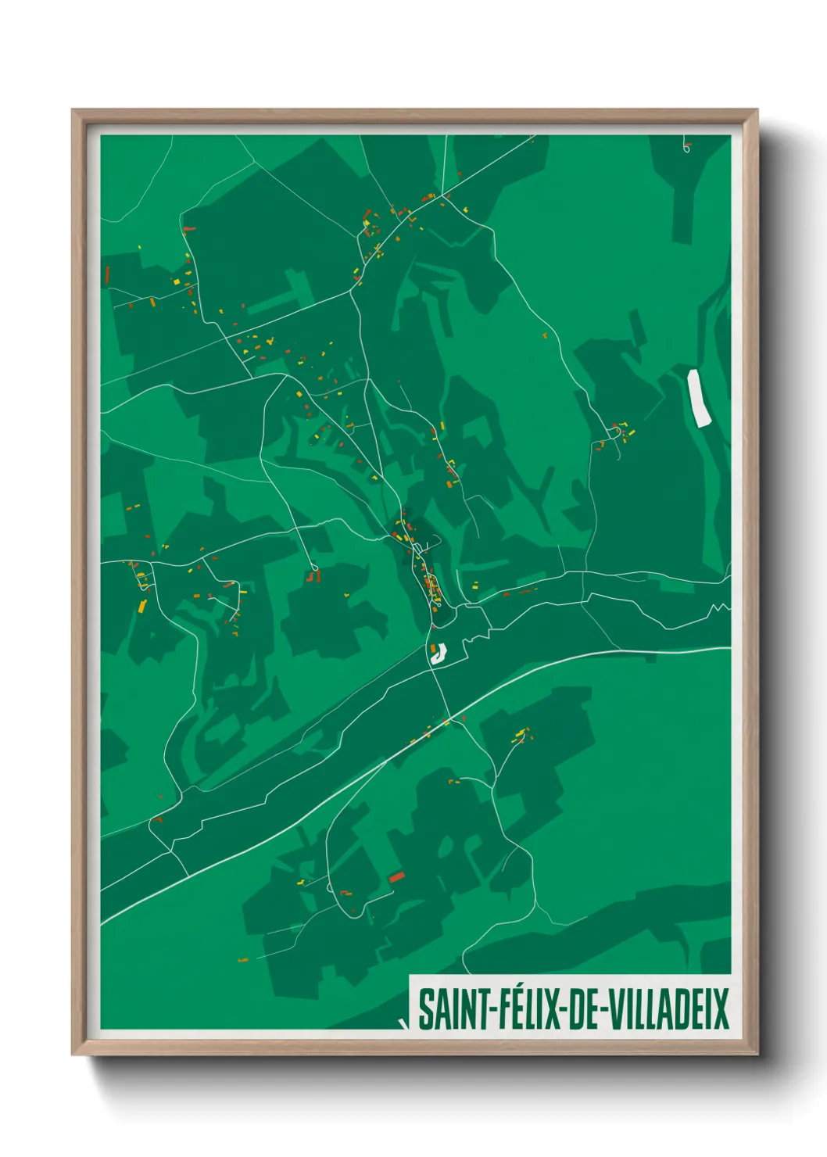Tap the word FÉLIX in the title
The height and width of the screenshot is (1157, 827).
(x=525, y=1010)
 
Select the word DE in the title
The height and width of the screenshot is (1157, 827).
(x=585, y=1010)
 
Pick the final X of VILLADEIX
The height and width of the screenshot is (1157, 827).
(x=721, y=1010)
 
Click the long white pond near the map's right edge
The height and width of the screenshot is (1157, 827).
(x=696, y=398)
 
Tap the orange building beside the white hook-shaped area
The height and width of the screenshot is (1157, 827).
(x=431, y=649)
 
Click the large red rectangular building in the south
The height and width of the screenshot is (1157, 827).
(x=396, y=877)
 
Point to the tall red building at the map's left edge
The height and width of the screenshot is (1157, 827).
(x=107, y=274)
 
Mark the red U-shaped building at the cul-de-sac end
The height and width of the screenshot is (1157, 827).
(x=314, y=577)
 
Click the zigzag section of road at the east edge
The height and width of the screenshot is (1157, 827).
(x=720, y=607)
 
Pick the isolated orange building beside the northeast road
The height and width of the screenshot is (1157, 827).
(x=546, y=335)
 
